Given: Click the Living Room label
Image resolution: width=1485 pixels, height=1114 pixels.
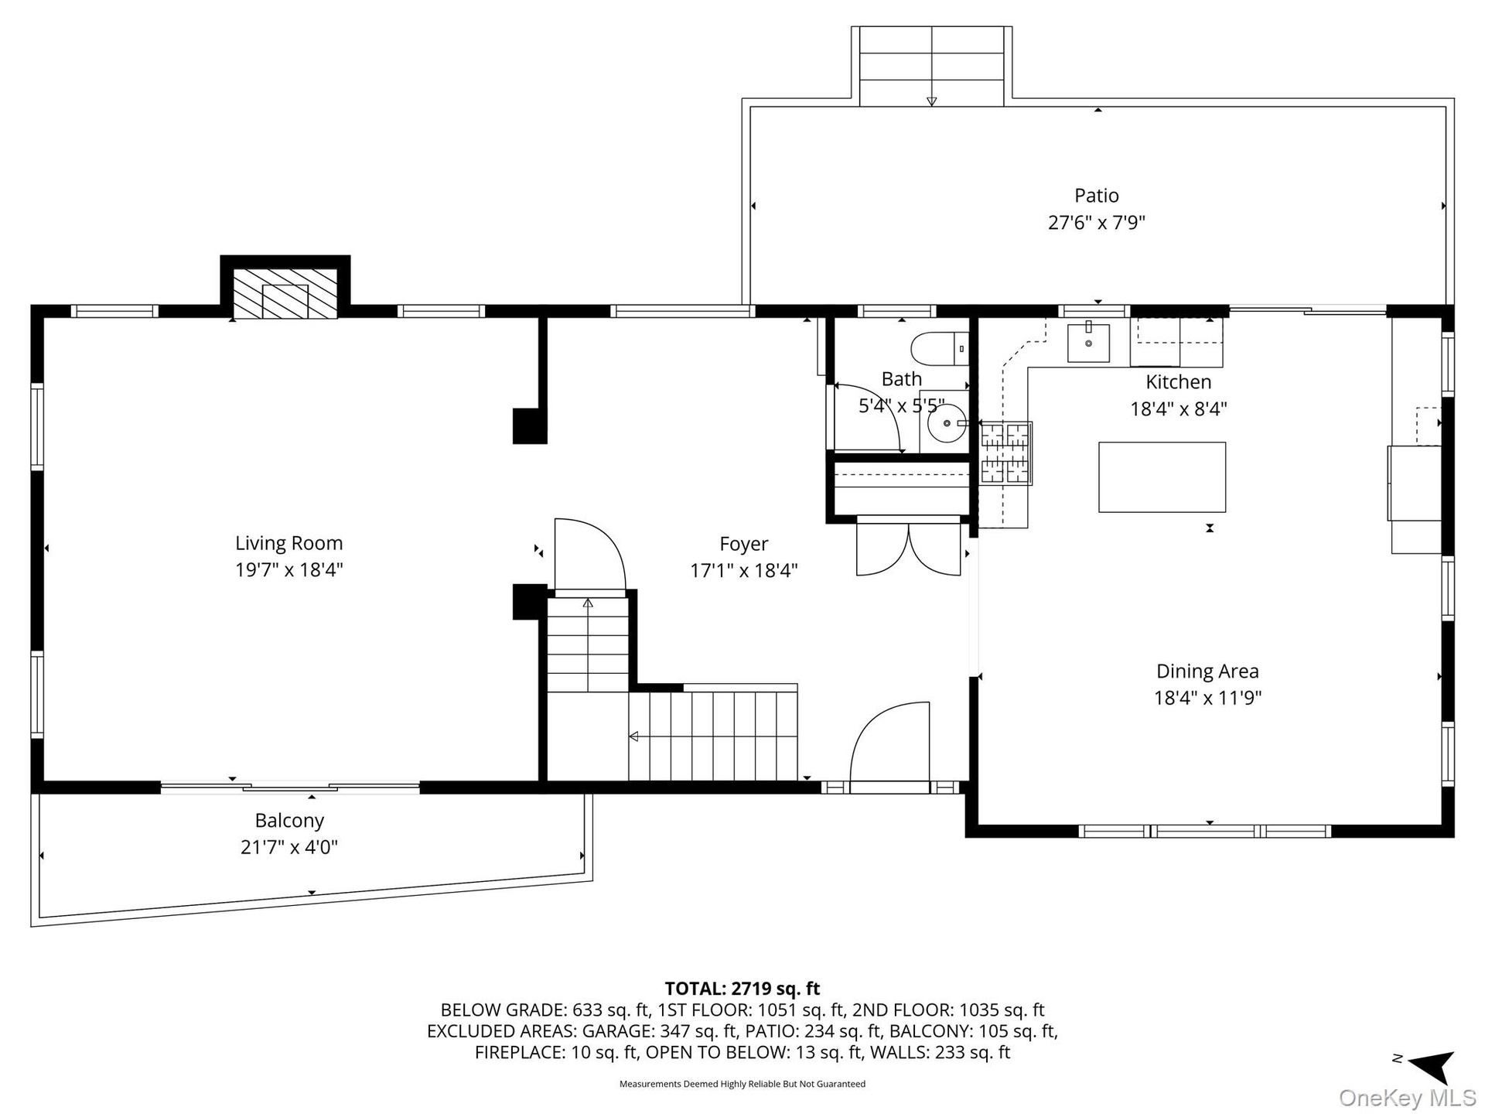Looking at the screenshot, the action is [288, 543].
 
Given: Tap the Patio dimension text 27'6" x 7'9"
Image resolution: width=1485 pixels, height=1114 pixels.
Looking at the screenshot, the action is [1096, 223].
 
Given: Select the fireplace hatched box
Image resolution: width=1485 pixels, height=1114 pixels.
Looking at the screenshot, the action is [285, 293].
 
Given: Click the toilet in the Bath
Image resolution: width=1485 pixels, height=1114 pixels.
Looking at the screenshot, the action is [939, 349].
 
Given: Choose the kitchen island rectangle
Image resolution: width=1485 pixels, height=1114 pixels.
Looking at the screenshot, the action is [1162, 477].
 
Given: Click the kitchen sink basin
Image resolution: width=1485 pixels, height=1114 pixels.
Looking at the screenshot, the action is [1088, 343].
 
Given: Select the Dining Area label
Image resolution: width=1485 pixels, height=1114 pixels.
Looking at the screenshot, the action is [1207, 671].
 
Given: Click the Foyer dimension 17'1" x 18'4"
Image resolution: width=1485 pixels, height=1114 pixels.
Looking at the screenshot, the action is [744, 571].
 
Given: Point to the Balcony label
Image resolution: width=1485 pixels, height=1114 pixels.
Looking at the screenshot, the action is [289, 820].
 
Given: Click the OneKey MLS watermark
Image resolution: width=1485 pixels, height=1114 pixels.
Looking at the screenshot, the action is [1408, 1097].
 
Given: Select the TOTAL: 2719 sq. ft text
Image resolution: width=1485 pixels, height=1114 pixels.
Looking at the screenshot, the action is [742, 989].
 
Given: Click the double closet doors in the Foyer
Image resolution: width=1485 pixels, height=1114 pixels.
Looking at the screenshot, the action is [909, 549].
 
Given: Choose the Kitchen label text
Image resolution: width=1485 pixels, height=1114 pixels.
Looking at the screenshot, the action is [1178, 382].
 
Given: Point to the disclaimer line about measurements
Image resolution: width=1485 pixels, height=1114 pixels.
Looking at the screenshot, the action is [742, 1084].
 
